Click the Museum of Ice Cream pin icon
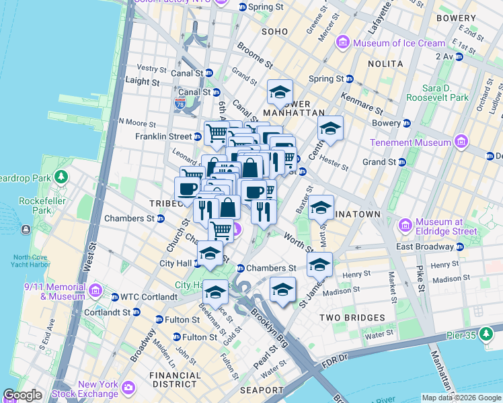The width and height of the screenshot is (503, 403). point(343,43)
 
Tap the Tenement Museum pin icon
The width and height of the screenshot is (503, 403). point(461,142)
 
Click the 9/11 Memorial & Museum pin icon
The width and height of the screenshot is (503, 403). point(95,290)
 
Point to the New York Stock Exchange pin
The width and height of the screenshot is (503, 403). point(128,388)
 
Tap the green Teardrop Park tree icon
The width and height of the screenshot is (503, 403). point(61,177)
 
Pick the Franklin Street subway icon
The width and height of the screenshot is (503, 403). point(198,136)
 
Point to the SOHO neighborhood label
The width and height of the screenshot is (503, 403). point(274,32)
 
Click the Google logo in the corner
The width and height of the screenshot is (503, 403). point(22,395)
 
